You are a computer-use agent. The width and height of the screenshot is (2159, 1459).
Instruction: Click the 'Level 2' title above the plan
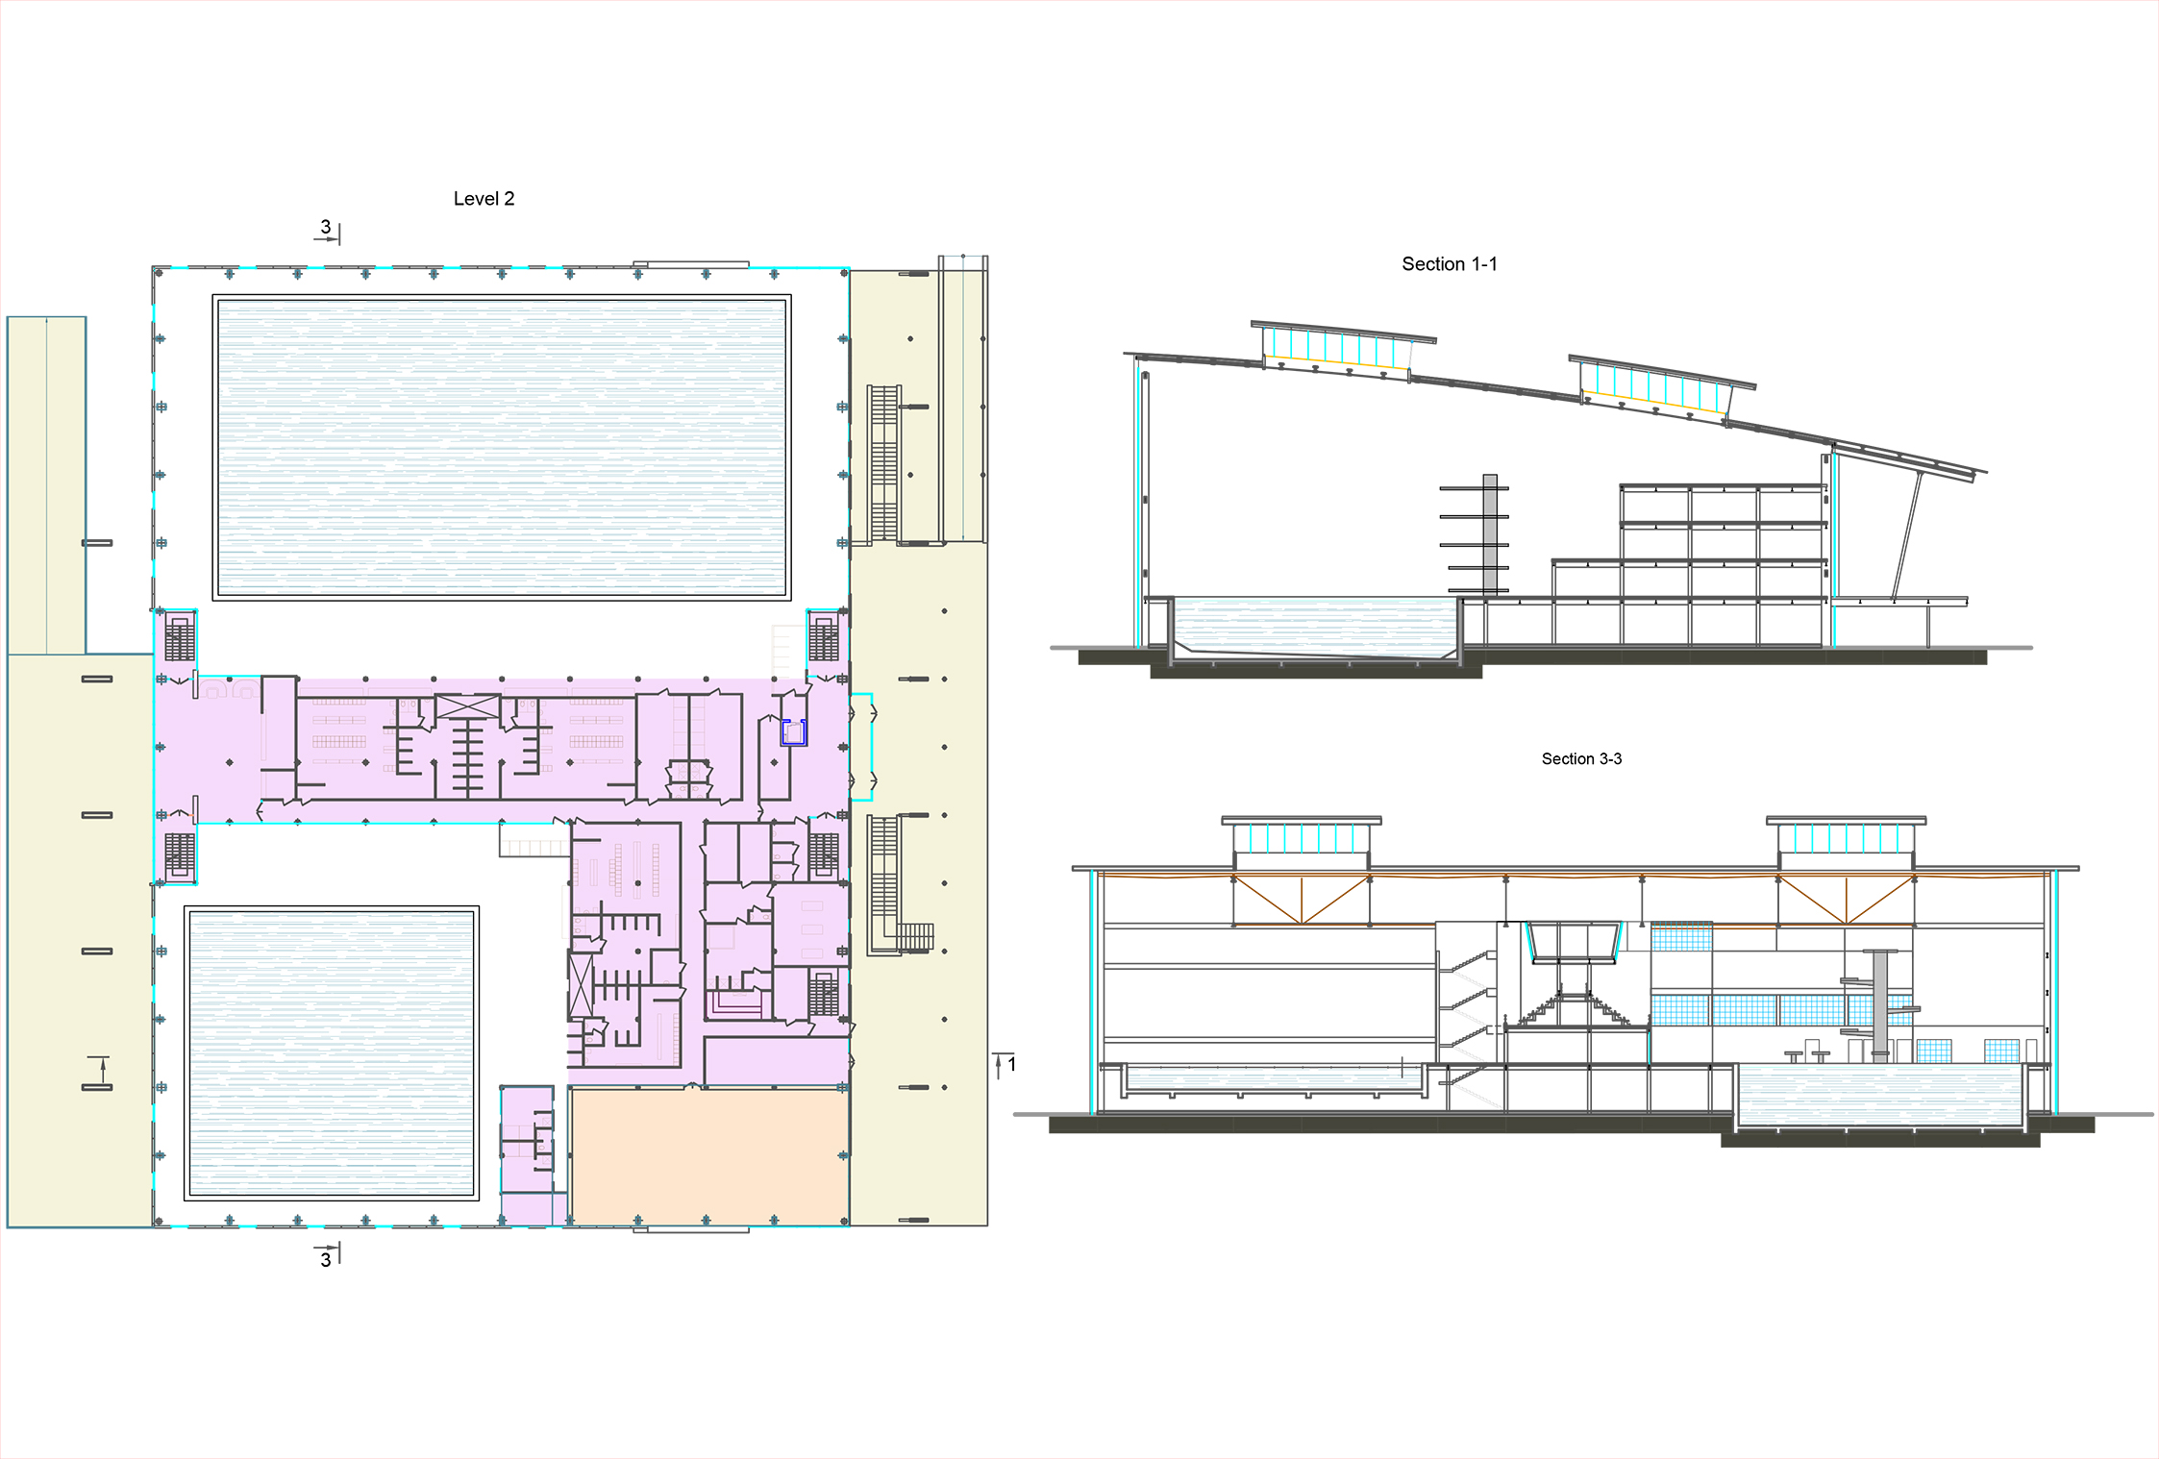pyautogui.click(x=484, y=199)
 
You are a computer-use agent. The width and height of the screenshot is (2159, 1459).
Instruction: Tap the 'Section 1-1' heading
pyautogui.click(x=1449, y=264)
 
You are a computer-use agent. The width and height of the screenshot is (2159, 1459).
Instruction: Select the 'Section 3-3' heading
pyautogui.click(x=1581, y=759)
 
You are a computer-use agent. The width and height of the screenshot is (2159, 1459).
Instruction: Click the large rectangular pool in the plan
pyautogui.click(x=501, y=447)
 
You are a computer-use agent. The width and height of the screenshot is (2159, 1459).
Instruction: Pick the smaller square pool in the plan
pyautogui.click(x=332, y=1052)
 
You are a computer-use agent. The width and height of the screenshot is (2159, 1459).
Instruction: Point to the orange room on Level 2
pyautogui.click(x=709, y=1156)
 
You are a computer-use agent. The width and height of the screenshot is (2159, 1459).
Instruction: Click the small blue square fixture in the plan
pyautogui.click(x=793, y=732)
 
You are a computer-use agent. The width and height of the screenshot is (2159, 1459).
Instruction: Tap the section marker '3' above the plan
pyautogui.click(x=326, y=227)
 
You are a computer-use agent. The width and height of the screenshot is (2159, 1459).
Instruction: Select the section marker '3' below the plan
pyautogui.click(x=326, y=1259)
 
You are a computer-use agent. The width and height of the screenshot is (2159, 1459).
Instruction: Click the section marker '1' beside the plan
pyautogui.click(x=1011, y=1064)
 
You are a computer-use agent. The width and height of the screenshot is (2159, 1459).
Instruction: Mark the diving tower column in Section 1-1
pyautogui.click(x=1490, y=535)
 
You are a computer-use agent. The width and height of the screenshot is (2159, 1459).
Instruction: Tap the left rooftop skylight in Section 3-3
pyautogui.click(x=1302, y=835)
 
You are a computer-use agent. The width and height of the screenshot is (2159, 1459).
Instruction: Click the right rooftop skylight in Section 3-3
pyautogui.click(x=1846, y=835)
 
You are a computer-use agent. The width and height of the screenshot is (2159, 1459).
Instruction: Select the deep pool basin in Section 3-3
pyautogui.click(x=1880, y=1096)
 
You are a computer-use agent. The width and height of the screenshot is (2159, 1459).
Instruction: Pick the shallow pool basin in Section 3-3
pyautogui.click(x=1273, y=1077)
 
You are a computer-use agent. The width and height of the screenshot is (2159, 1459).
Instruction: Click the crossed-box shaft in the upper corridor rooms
pyautogui.click(x=468, y=706)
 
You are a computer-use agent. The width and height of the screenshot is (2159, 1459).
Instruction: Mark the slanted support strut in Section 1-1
pyautogui.click(x=1907, y=536)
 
